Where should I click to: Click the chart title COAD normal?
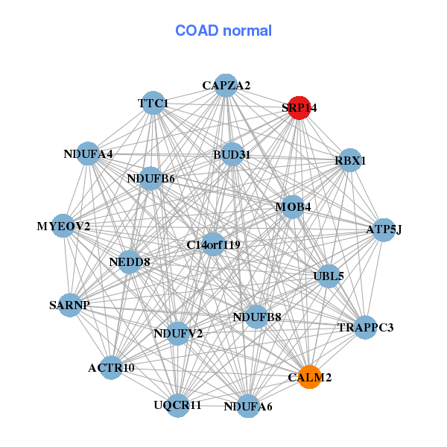[x=223, y=31]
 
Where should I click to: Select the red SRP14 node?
[x=299, y=107]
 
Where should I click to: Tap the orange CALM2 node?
[x=309, y=377]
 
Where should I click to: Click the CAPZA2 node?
[x=226, y=85]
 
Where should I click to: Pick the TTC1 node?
[x=153, y=103]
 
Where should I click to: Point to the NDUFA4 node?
[x=89, y=154]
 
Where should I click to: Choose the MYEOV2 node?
[x=63, y=226]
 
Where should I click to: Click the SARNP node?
[x=69, y=305]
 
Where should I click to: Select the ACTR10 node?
[x=111, y=367]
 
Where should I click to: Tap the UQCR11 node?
[x=177, y=405]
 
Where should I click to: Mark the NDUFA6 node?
[x=248, y=406]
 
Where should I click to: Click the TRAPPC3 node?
[x=365, y=327]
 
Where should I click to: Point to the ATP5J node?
[x=383, y=229]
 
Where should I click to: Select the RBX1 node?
[x=349, y=160]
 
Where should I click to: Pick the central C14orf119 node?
[x=213, y=244]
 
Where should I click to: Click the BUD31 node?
[x=232, y=155]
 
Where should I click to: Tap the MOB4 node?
[x=293, y=206]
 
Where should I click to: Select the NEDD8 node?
[x=130, y=261]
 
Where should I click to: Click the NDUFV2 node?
[x=178, y=333]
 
